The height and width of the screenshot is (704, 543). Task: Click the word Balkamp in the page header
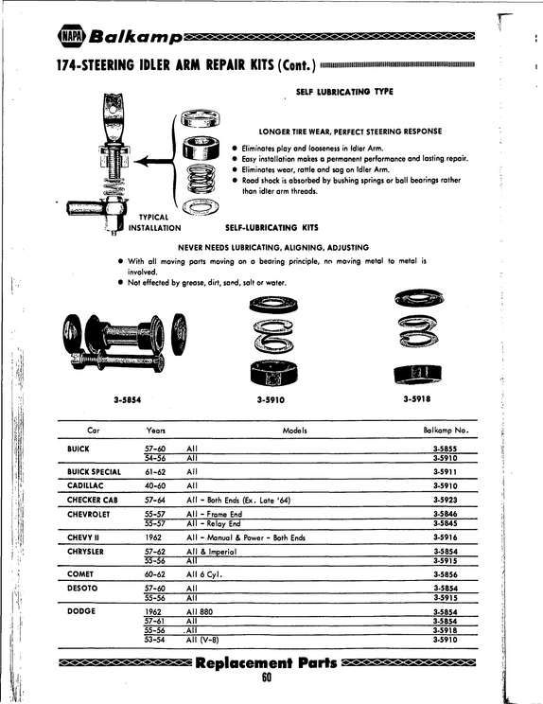[x=136, y=37]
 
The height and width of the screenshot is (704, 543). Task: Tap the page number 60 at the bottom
[x=267, y=678]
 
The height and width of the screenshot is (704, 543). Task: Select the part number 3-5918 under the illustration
[x=417, y=398]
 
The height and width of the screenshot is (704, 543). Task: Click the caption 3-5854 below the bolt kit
[x=128, y=399]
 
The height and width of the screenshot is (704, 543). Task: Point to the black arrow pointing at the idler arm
[x=153, y=161]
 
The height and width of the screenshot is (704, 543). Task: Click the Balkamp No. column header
[x=446, y=431]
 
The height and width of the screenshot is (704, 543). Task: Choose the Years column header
[x=156, y=431]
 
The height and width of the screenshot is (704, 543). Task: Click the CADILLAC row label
[x=85, y=485]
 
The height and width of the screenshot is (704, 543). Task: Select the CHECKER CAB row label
[x=93, y=500]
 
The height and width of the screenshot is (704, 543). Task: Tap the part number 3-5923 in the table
[x=446, y=500]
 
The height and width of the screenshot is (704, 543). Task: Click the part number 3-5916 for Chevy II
[x=446, y=537]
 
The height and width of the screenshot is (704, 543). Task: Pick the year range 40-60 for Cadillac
[x=155, y=485]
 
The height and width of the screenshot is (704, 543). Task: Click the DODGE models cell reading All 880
[x=200, y=611]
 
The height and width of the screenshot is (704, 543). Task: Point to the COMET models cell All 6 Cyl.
[x=204, y=574]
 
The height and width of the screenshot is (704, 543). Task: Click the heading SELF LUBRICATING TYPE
[x=344, y=92]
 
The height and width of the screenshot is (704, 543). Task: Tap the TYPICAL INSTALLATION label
[x=154, y=222]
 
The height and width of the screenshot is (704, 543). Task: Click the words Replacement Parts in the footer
[x=266, y=662]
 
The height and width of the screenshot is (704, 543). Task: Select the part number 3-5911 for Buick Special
[x=446, y=472]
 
